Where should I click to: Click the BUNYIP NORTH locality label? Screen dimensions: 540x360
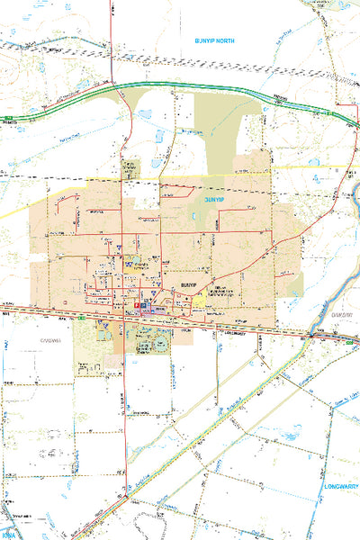tap(214, 41)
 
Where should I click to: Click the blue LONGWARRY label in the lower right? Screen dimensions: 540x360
tap(339, 485)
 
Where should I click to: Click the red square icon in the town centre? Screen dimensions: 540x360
tap(137, 307)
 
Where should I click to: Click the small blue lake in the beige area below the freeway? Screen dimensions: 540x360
tap(144, 114)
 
